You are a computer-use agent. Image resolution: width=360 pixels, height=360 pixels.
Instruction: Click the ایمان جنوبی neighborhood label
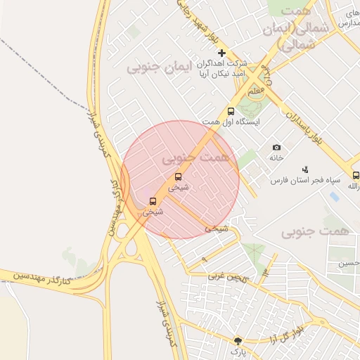click(158, 68)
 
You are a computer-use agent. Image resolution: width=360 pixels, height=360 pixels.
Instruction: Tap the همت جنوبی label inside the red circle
click(196, 159)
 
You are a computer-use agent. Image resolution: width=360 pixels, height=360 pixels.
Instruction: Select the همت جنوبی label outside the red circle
click(315, 231)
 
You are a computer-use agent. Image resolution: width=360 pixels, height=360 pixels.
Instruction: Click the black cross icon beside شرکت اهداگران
click(222, 53)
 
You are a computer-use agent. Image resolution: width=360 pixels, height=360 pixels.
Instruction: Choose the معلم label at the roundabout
click(256, 91)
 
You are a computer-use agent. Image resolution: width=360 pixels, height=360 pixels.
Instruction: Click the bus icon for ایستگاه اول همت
click(231, 111)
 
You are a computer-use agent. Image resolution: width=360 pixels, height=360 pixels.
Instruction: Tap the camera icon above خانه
click(276, 147)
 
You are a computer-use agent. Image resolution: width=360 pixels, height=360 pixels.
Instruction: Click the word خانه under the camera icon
click(276, 157)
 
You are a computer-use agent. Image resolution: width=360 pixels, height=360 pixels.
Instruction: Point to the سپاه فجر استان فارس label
click(306, 180)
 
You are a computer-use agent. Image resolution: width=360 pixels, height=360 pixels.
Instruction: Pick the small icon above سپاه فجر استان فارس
click(305, 169)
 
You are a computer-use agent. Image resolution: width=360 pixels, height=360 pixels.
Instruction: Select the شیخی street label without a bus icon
click(217, 229)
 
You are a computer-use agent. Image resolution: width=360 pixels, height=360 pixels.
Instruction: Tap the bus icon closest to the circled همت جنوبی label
click(178, 177)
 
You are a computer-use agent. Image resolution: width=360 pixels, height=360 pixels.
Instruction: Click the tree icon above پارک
click(238, 340)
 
